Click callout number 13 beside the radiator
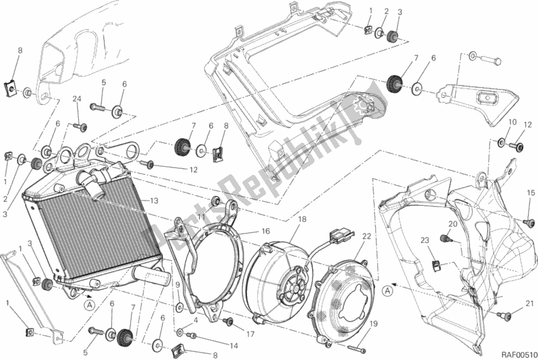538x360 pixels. (154, 201)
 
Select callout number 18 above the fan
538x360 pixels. (301, 219)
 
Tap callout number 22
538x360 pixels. (367, 236)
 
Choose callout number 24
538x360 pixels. (77, 100)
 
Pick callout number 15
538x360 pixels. (531, 192)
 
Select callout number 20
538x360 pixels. (452, 224)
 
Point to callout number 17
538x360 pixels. (250, 334)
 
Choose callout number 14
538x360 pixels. (215, 346)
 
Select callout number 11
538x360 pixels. (201, 217)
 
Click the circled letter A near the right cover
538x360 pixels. (386, 291)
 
